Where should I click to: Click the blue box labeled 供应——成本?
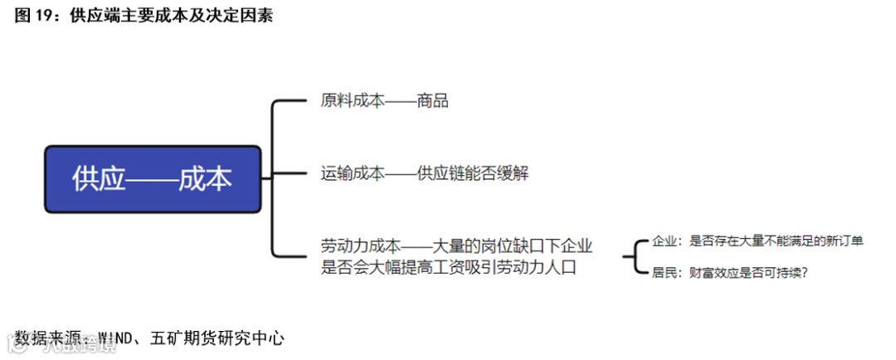(x=153, y=178)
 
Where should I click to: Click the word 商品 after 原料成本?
(x=433, y=101)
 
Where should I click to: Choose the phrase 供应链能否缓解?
(x=473, y=174)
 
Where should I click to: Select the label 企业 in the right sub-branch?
(x=665, y=241)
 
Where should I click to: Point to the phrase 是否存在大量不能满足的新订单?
(x=777, y=241)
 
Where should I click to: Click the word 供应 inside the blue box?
(x=98, y=179)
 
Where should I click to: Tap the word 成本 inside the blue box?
(x=205, y=179)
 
